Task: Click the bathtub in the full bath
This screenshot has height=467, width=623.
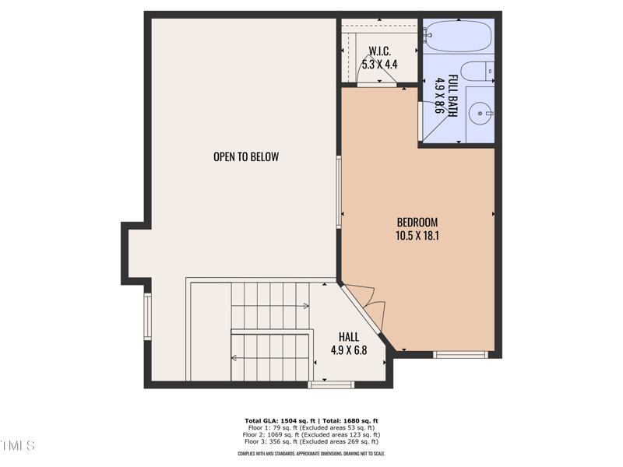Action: coord(458,37)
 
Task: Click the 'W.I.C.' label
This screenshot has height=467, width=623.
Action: coord(380,51)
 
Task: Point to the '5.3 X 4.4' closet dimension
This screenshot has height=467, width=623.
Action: coord(380,65)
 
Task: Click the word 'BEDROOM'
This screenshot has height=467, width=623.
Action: coord(417,222)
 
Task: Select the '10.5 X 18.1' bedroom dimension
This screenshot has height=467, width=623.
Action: coord(417,235)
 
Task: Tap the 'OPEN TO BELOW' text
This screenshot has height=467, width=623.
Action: coord(246,156)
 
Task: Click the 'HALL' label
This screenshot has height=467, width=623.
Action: coord(349,336)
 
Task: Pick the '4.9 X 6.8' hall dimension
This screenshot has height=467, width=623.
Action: coord(349,350)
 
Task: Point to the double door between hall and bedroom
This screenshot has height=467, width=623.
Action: coord(363,304)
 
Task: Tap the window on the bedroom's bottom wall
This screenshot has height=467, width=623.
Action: coord(460,355)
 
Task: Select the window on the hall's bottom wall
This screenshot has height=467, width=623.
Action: coord(331,384)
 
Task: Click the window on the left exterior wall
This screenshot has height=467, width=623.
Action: coord(147,316)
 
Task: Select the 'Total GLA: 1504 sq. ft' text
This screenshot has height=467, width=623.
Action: coord(278,421)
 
